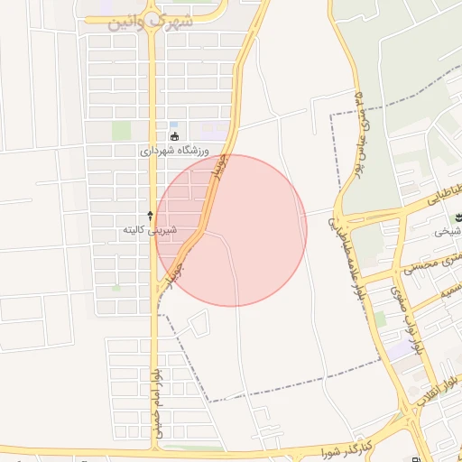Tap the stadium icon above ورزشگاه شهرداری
tap(175, 137)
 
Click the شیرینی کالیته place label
tap(150, 230)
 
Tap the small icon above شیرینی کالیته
tap(150, 216)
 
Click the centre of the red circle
tap(231, 230)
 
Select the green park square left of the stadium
tap(121, 131)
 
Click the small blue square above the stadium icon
tap(174, 125)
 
